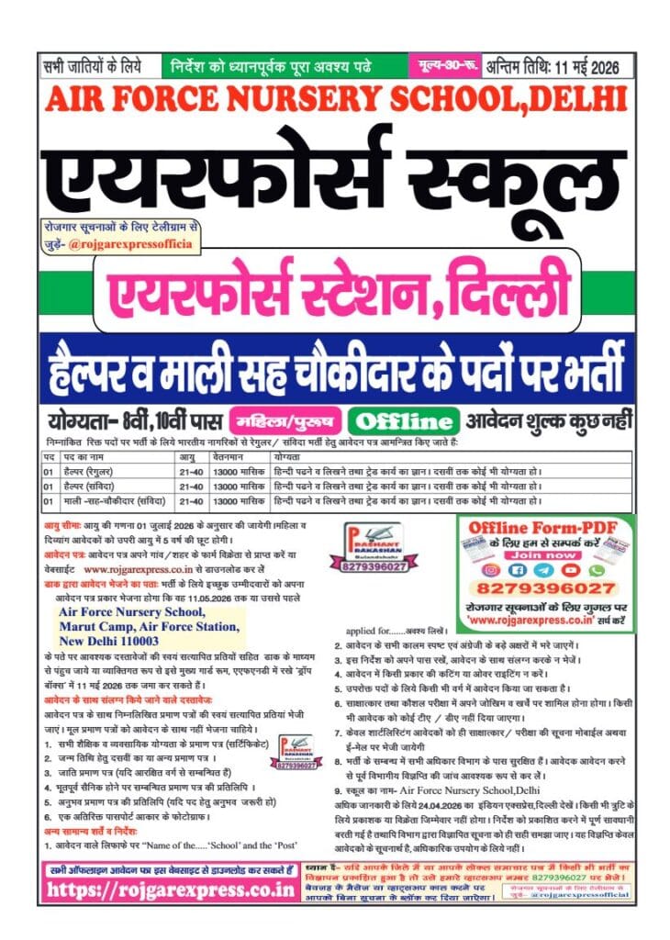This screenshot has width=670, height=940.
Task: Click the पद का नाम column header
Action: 92,456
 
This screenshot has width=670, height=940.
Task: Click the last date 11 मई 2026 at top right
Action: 587,66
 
